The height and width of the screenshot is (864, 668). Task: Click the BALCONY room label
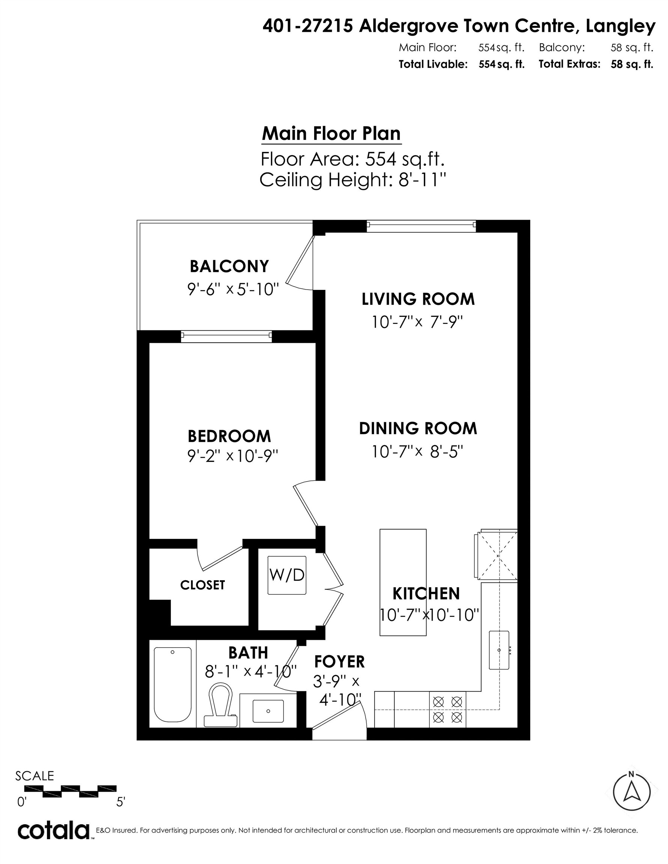[x=229, y=266]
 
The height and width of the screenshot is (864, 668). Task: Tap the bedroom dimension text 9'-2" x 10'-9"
[x=233, y=456]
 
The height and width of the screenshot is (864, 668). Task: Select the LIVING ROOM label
[x=418, y=299]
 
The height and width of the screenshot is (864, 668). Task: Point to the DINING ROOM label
[x=418, y=429]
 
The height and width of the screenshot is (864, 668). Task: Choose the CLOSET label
[x=202, y=585]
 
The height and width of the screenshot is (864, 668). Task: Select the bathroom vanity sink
[x=268, y=711]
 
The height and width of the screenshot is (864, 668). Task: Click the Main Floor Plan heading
[x=331, y=134]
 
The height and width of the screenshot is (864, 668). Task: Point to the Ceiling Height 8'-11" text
[x=353, y=180]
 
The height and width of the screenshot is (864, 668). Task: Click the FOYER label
[x=339, y=661]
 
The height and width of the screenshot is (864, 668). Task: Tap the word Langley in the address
[x=620, y=26]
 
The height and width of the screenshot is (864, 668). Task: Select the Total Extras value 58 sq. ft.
[x=632, y=64]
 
